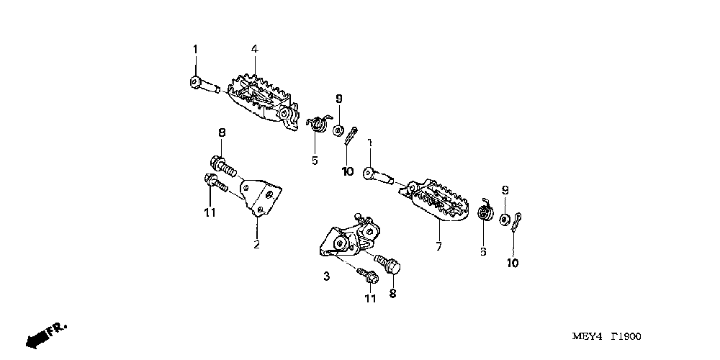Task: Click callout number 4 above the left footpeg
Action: click(x=254, y=48)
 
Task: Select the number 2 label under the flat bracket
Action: click(x=256, y=244)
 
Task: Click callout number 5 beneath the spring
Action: click(x=315, y=160)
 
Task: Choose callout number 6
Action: click(x=483, y=251)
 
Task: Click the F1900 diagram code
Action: click(x=626, y=337)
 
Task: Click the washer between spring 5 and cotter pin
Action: click(x=338, y=130)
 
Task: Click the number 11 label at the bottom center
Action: click(x=370, y=299)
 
